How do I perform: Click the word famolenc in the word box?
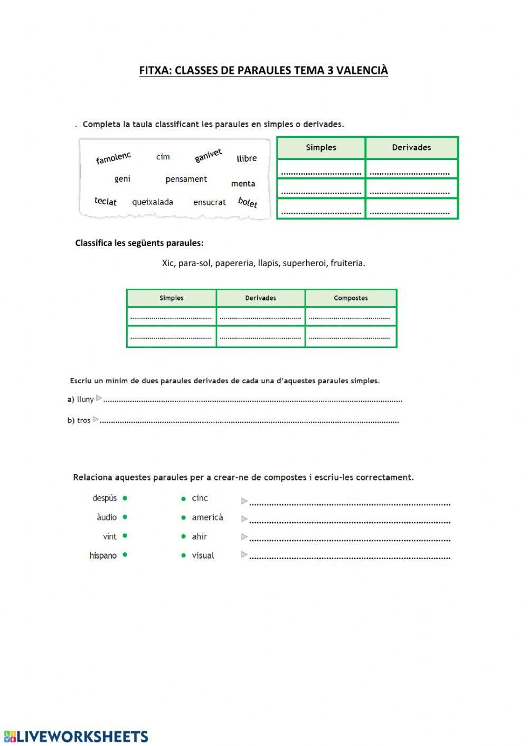pyautogui.click(x=113, y=158)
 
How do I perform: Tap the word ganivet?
pyautogui.click(x=208, y=155)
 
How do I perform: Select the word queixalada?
pyautogui.click(x=153, y=202)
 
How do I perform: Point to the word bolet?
pyautogui.click(x=248, y=202)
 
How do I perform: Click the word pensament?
pyautogui.click(x=186, y=180)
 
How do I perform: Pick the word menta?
pyautogui.click(x=243, y=184)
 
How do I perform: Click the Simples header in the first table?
pyautogui.click(x=321, y=148)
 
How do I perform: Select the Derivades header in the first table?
pyautogui.click(x=411, y=148)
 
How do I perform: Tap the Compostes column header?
pyautogui.click(x=351, y=298)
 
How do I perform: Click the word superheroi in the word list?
pyautogui.click(x=304, y=263)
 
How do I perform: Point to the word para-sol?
pyautogui.click(x=194, y=263)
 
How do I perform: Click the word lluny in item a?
pyautogui.click(x=85, y=400)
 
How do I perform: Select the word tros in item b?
pyautogui.click(x=83, y=421)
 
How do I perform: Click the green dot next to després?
pyautogui.click(x=125, y=498)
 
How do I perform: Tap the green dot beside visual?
pyautogui.click(x=183, y=555)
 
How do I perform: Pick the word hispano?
pyautogui.click(x=103, y=555)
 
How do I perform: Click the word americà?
pyautogui.click(x=207, y=517)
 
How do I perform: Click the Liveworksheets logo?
pyautogui.click(x=76, y=736)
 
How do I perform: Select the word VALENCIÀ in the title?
pyautogui.click(x=362, y=70)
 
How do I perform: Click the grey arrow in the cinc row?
pyautogui.click(x=244, y=501)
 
